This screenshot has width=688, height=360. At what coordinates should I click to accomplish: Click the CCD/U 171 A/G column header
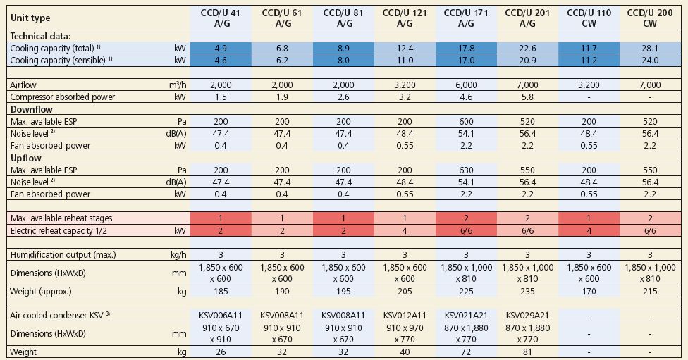tap(465, 18)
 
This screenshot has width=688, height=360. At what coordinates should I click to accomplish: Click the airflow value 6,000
tap(465, 85)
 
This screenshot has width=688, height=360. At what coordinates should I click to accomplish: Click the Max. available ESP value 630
tap(465, 170)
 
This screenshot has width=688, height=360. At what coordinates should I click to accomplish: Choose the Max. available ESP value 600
tap(465, 122)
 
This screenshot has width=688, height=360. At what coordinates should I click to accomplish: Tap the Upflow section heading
tap(27, 158)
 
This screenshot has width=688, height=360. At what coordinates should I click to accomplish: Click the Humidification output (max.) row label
tap(63, 254)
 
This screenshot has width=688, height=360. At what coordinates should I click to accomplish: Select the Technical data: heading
tap(41, 35)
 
